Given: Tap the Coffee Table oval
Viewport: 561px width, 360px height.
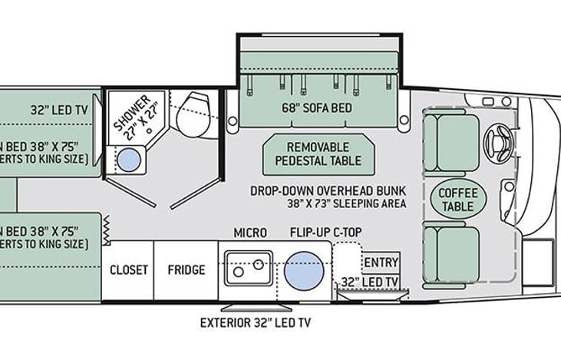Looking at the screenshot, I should pos(459,197).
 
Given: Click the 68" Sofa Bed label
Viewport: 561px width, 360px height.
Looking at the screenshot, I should pos(318,108).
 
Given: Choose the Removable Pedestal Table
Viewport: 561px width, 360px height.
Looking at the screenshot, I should pos(318,154).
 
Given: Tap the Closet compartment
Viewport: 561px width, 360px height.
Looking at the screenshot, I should pos(128,269).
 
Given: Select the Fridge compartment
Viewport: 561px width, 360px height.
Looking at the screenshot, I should pos(186,269).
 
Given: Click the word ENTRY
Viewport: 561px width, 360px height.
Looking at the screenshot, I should pos(381,263).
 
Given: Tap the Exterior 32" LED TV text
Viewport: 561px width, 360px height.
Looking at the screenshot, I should pos(255,322).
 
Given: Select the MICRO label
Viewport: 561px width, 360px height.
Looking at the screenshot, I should pos(250,233).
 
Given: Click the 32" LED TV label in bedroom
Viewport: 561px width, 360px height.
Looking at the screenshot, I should pos(59,109).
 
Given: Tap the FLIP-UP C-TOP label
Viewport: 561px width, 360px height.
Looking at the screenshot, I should pos(326,233).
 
